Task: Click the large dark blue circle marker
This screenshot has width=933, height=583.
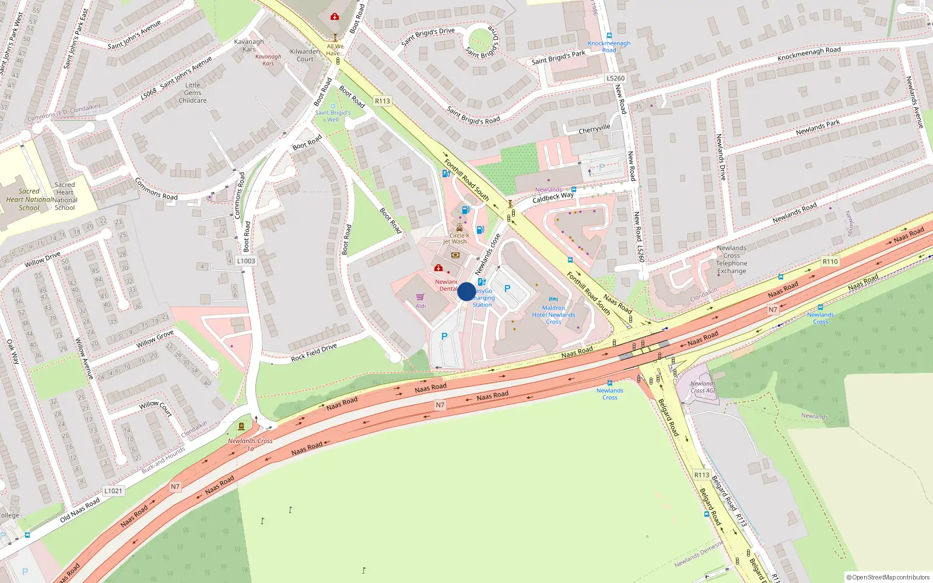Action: pos(466,291)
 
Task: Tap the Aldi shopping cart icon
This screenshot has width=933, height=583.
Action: pos(420,297)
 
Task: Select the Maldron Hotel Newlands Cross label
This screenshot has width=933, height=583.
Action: pos(553,315)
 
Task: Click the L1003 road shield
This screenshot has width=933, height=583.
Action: pos(246,261)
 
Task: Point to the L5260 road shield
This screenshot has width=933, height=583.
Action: pos(615,78)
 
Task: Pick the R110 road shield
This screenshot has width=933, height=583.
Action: pos(830,261)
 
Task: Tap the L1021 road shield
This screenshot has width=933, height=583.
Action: pos(113,491)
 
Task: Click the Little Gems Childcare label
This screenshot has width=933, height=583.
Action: pos(192,93)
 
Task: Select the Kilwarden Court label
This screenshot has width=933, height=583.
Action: pos(305,55)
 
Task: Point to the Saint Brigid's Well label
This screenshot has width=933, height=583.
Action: pos(333,116)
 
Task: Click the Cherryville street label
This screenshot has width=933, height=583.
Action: pos(594,128)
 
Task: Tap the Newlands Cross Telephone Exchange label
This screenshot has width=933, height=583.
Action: pos(731,259)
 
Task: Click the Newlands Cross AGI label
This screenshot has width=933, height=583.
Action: pos(703,387)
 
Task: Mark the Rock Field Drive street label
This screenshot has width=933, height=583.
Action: pos(314,353)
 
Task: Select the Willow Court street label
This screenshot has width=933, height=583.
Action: pos(156,408)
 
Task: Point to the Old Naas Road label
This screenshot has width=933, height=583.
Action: pos(80,510)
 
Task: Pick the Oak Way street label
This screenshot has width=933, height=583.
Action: pos(13,352)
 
